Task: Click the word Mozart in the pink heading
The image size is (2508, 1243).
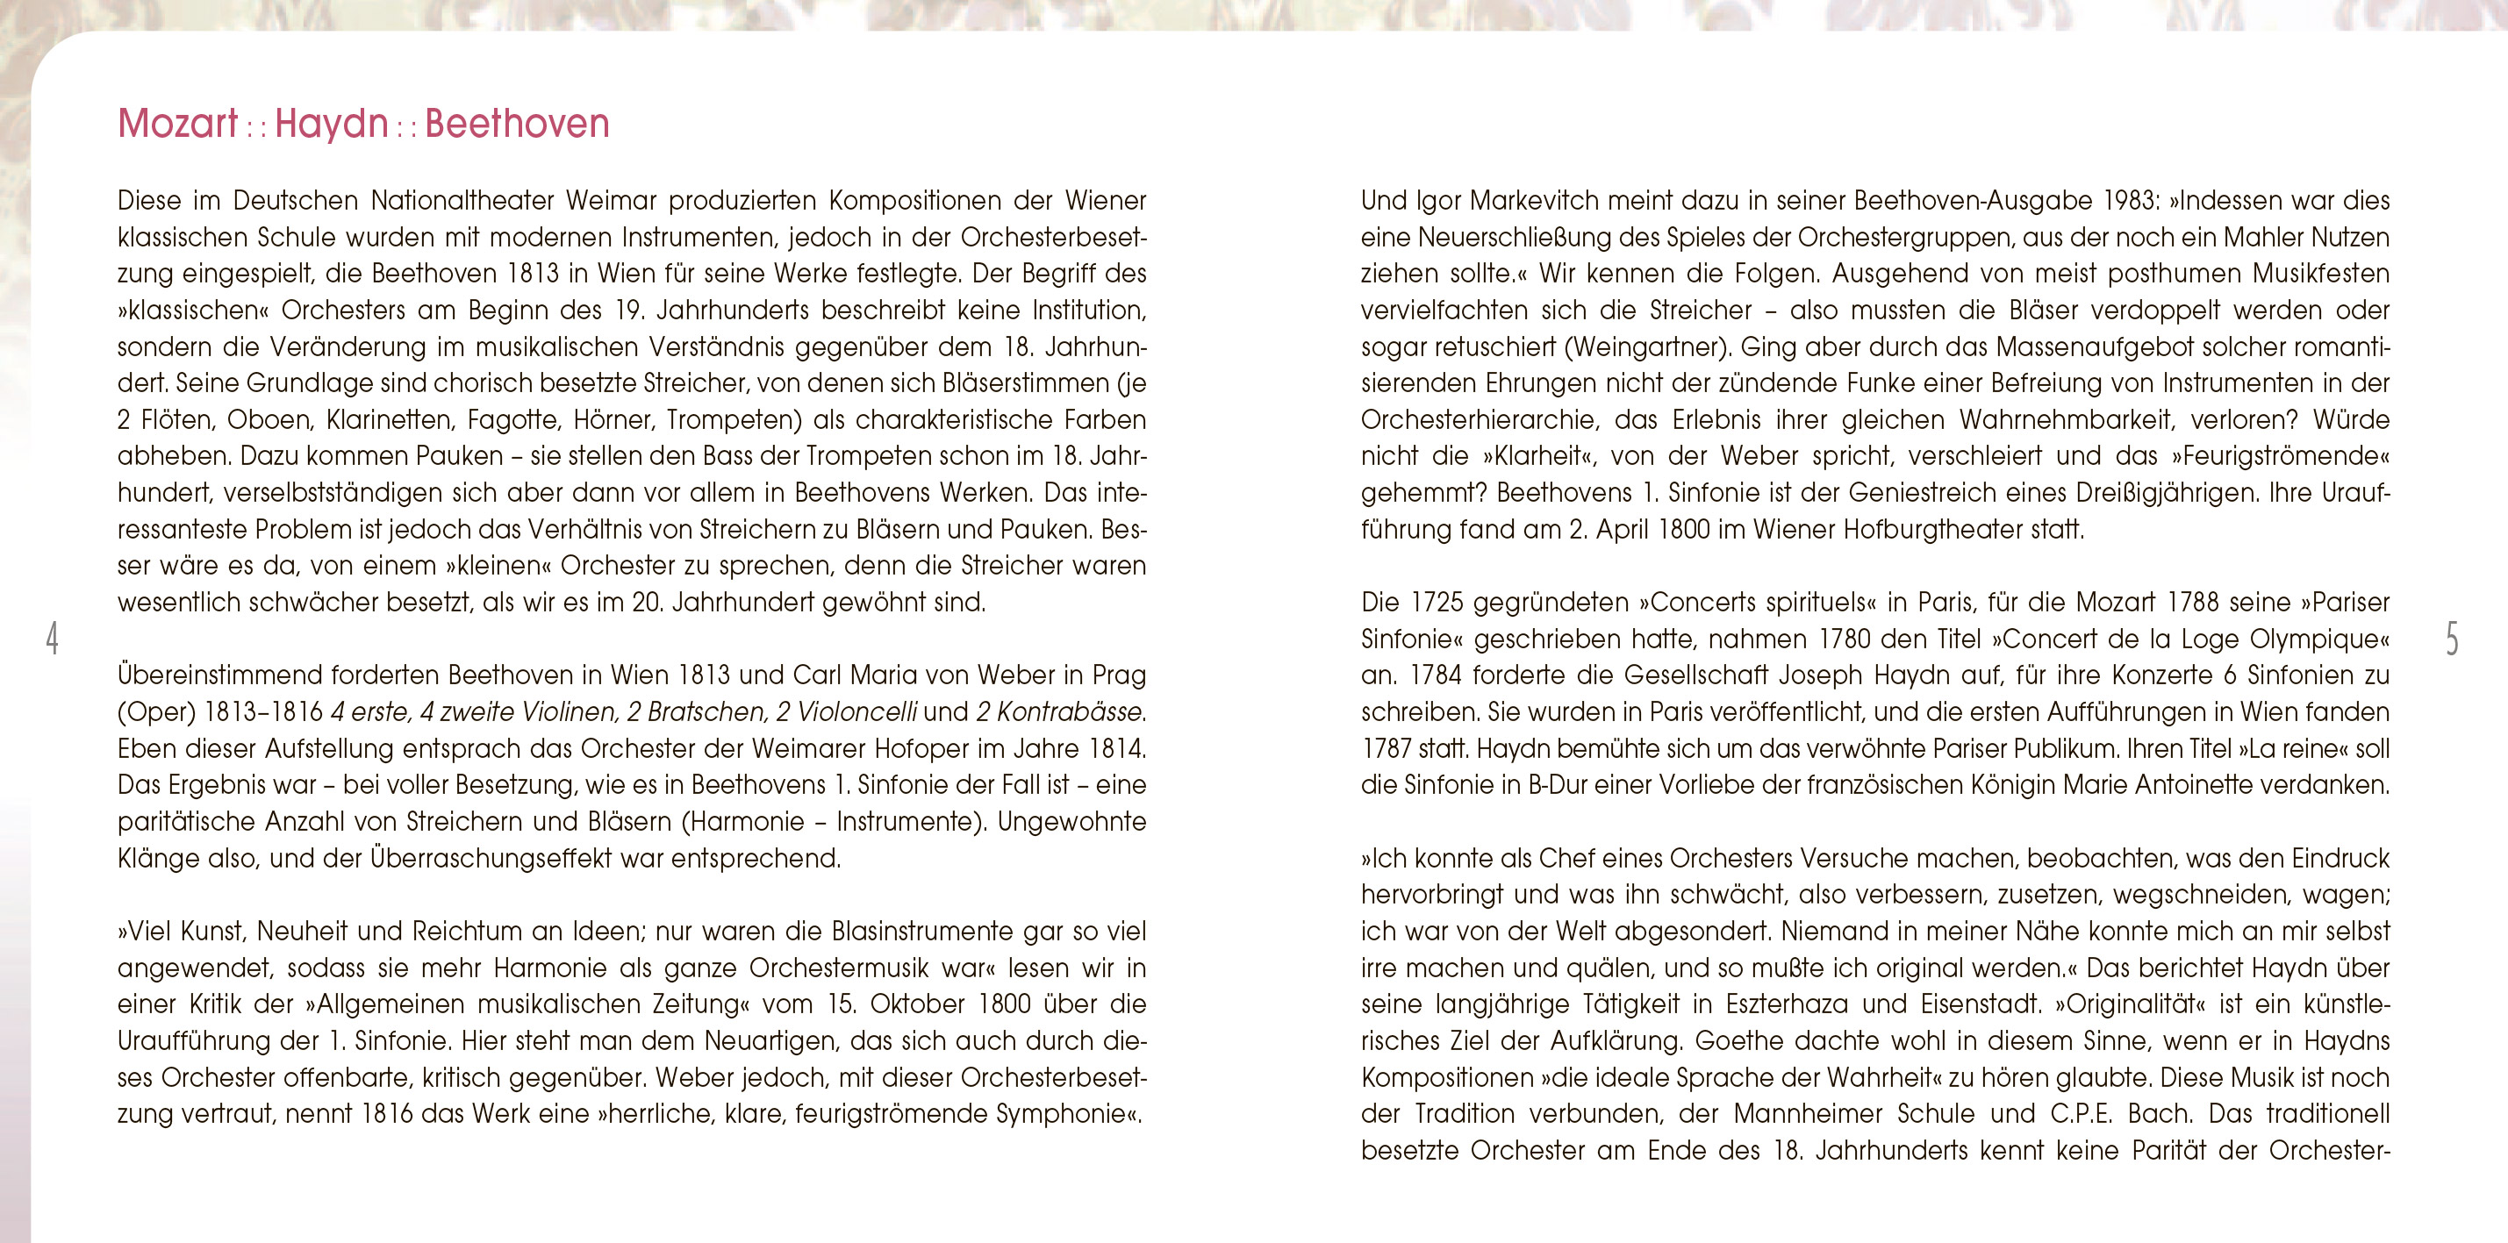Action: pyautogui.click(x=177, y=125)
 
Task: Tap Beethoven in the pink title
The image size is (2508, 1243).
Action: pyautogui.click(x=517, y=125)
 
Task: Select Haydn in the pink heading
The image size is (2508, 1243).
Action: pyautogui.click(x=332, y=125)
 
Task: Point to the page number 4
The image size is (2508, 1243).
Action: pyautogui.click(x=52, y=639)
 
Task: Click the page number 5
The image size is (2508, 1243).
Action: pyautogui.click(x=2452, y=639)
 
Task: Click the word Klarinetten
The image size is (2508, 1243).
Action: pyautogui.click(x=391, y=419)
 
